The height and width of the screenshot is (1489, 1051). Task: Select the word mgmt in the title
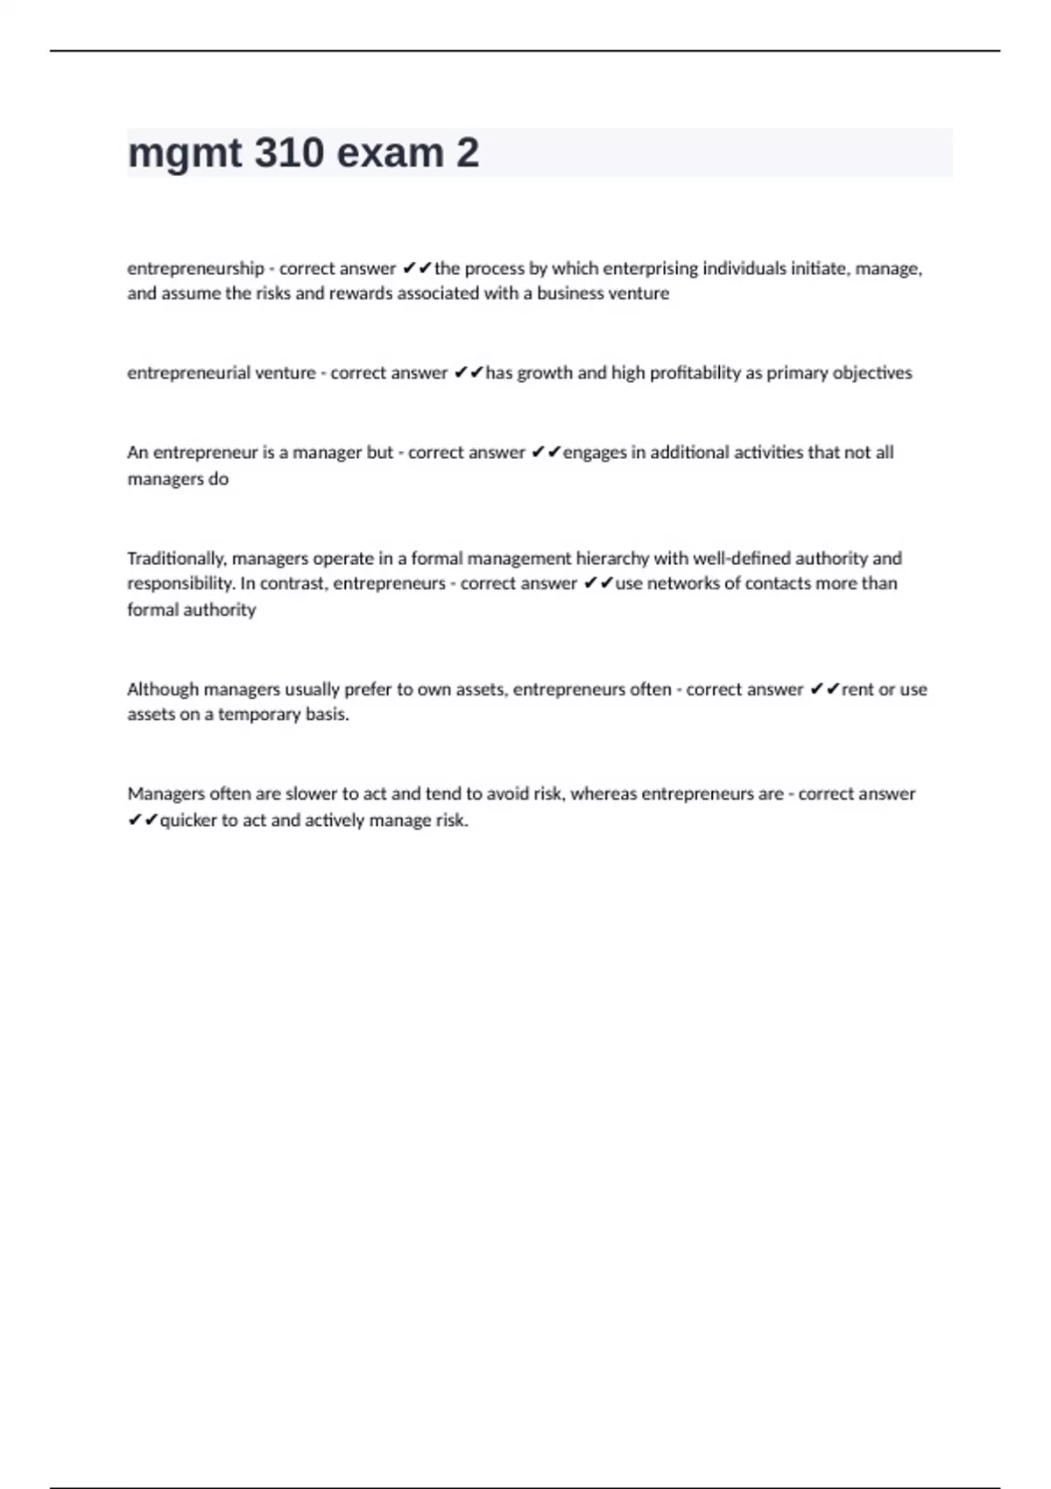point(184,153)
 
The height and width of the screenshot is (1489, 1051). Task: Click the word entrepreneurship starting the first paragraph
point(195,268)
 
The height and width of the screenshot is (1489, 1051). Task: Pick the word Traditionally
point(176,558)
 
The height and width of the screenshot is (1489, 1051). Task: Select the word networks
point(685,583)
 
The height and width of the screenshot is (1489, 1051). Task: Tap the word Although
point(162,689)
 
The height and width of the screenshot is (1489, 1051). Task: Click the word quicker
point(187,821)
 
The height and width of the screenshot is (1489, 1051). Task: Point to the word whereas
point(604,794)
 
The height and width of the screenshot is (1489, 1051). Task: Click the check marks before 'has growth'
point(469,373)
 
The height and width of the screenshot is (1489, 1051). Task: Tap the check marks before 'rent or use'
point(825,689)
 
